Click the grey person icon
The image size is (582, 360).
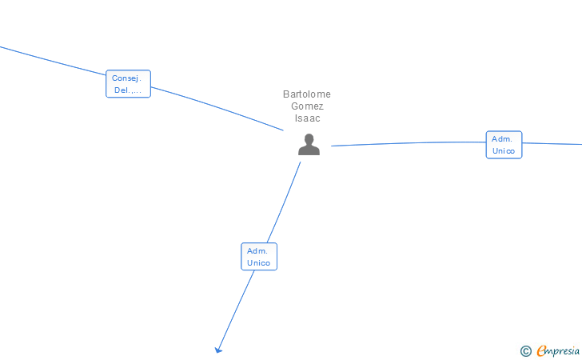[309, 145]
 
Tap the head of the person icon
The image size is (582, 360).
[309, 139]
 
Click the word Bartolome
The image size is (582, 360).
[307, 94]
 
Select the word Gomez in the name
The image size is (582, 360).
[307, 106]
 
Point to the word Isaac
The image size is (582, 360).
[307, 118]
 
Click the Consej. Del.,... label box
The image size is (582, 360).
[128, 84]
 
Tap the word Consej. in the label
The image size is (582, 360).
[126, 78]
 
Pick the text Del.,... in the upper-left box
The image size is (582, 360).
[128, 90]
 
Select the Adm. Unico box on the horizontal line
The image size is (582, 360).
[504, 145]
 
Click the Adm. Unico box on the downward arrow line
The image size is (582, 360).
[259, 257]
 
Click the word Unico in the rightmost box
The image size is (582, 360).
[504, 151]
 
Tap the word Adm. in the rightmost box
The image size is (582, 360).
[502, 139]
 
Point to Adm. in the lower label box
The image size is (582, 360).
[257, 251]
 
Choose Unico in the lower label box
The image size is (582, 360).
[259, 263]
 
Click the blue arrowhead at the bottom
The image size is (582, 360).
[218, 349]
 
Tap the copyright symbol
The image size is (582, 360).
[525, 350]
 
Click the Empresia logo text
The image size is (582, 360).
[560, 350]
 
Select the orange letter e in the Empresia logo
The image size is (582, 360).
[542, 350]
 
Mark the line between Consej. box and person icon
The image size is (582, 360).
[216, 106]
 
